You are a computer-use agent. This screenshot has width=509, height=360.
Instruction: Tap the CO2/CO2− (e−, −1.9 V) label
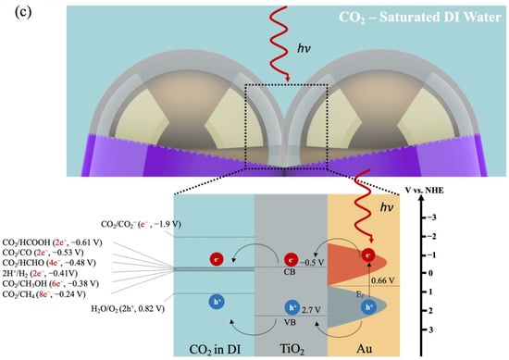tap(150, 224)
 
